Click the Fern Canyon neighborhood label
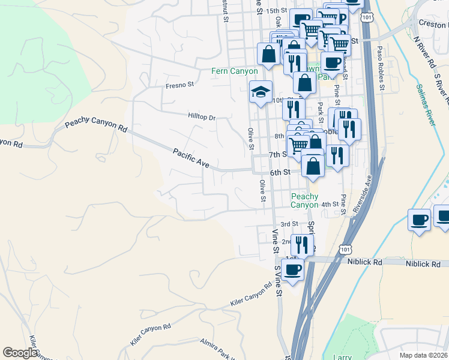[x=234, y=71]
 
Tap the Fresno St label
[x=180, y=85]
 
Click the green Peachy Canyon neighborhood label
[x=304, y=200]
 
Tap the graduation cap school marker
[x=261, y=92]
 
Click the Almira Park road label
[x=217, y=349]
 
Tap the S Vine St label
[x=277, y=279]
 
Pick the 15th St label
[x=277, y=11]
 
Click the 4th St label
[x=330, y=205]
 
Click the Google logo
[x=20, y=353]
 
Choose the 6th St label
[x=280, y=172]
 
